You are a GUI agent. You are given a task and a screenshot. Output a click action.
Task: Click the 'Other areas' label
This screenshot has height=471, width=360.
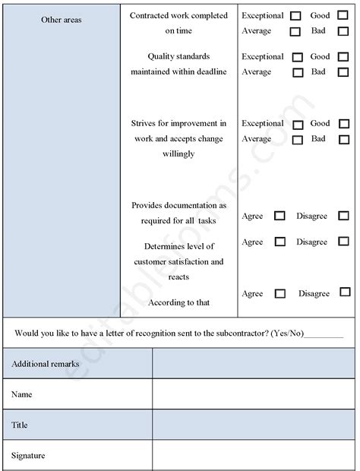tap(62, 20)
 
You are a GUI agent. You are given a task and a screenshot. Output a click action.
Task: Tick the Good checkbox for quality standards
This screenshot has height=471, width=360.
tap(343, 57)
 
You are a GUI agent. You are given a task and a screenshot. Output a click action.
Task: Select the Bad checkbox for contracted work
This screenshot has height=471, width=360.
tap(343, 32)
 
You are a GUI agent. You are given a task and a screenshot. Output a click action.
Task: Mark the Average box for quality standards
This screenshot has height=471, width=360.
tap(297, 73)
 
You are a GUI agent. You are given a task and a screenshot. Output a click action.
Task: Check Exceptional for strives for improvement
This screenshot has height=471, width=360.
tap(297, 124)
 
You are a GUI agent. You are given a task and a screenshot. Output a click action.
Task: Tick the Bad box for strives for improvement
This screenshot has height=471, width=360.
tap(343, 140)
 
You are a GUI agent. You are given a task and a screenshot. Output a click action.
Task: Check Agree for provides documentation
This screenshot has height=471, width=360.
tap(279, 217)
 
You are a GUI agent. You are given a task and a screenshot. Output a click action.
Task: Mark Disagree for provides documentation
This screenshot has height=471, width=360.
tap(343, 217)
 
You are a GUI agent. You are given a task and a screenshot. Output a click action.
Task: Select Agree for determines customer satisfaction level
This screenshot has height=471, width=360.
tap(279, 242)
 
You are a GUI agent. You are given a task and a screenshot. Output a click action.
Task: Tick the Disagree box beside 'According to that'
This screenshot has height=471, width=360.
tap(345, 292)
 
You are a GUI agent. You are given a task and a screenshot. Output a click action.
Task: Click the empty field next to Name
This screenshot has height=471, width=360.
tap(253, 395)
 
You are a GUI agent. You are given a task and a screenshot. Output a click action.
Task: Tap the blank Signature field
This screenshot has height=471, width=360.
tap(253, 456)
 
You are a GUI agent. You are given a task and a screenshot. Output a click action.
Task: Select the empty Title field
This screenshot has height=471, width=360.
tap(253, 425)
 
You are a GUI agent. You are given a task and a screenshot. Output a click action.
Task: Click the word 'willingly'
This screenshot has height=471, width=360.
tap(178, 154)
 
